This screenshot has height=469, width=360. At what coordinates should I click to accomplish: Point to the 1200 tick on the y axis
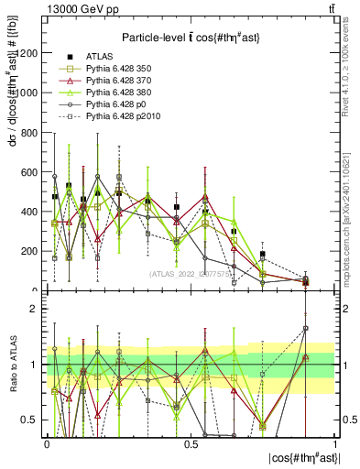27,53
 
